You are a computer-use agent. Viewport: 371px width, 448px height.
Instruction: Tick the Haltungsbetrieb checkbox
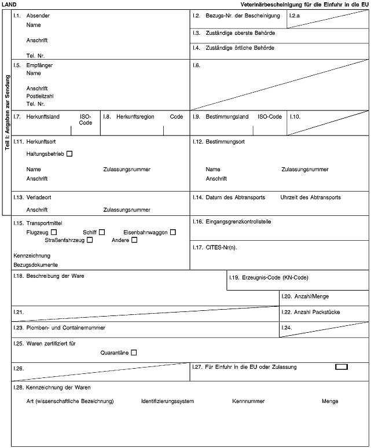(x=69, y=154)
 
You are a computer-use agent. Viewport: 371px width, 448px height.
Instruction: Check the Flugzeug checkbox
(x=54, y=232)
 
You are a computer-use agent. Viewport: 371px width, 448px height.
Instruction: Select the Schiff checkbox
(x=102, y=232)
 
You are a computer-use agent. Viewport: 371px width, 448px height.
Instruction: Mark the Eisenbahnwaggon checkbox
(x=173, y=232)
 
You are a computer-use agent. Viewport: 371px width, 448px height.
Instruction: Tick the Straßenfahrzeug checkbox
(x=90, y=240)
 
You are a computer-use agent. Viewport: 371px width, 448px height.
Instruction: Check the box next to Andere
(x=134, y=240)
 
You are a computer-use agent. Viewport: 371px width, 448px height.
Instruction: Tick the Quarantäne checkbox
(x=134, y=352)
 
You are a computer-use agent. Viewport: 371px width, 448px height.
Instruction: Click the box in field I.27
(x=341, y=366)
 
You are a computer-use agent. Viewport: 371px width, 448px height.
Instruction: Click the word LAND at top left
(x=10, y=4)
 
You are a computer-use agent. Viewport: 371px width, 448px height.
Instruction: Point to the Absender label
(x=38, y=15)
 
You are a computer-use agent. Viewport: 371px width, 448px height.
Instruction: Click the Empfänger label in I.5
(x=39, y=65)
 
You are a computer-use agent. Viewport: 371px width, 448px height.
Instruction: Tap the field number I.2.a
(x=295, y=15)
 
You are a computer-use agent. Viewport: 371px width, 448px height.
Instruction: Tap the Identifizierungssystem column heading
(x=167, y=401)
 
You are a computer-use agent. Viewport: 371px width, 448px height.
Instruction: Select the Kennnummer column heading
(x=248, y=401)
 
